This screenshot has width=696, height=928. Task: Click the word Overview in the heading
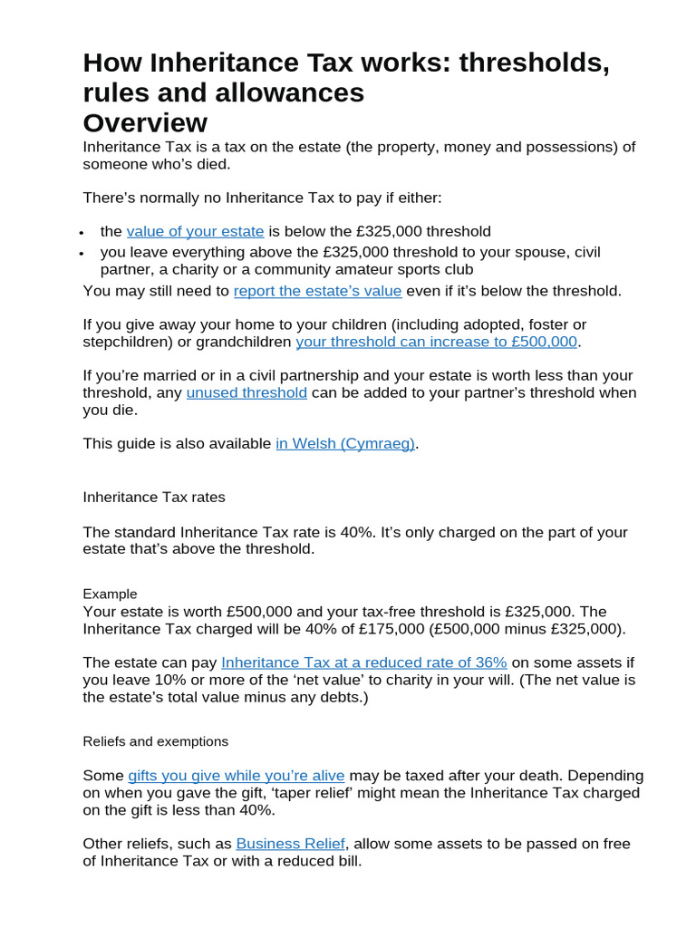[145, 122]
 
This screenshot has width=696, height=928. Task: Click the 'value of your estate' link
[195, 231]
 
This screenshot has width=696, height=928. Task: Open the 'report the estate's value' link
[317, 291]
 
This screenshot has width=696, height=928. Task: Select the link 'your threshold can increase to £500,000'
[436, 342]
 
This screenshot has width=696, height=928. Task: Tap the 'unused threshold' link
[246, 392]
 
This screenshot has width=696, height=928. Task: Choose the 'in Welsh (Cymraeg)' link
[344, 443]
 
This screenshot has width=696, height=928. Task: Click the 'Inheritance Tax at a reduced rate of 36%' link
[363, 662]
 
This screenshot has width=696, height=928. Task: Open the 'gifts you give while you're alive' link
[236, 776]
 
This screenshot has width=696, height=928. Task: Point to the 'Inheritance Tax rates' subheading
[154, 498]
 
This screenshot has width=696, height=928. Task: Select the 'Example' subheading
[110, 594]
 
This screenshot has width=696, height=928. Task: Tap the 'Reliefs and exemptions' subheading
[155, 741]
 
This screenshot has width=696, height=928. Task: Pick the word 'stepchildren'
[124, 342]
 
